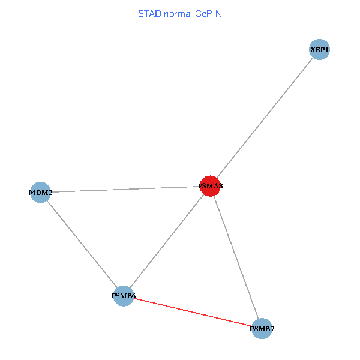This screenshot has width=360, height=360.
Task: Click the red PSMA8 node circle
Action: tap(210, 186)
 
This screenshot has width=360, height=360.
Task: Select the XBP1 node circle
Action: tap(320, 50)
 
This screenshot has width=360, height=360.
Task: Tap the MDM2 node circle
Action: tap(40, 193)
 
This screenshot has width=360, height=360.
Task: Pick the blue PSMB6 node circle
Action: tap(124, 296)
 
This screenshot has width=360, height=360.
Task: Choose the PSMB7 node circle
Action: tap(262, 328)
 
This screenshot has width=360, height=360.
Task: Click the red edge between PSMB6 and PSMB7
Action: tap(192, 312)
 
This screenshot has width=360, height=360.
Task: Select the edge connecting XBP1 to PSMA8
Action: tap(265, 118)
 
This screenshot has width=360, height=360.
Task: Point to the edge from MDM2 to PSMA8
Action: tap(125, 190)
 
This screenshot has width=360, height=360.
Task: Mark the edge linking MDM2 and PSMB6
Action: tap(82, 244)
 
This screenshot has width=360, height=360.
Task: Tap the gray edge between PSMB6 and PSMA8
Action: tap(167, 241)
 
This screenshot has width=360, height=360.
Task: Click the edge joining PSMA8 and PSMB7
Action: tap(236, 257)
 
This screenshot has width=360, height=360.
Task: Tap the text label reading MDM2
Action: tap(40, 193)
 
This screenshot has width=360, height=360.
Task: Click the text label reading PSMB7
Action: tap(262, 329)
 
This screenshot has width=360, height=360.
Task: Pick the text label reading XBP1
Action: tap(320, 50)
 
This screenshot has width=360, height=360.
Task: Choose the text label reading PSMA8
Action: tap(211, 187)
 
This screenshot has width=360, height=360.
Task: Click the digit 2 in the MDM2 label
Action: tap(50, 193)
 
